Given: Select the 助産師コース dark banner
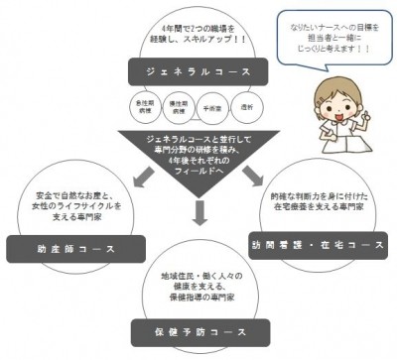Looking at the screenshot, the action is [61, 241].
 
